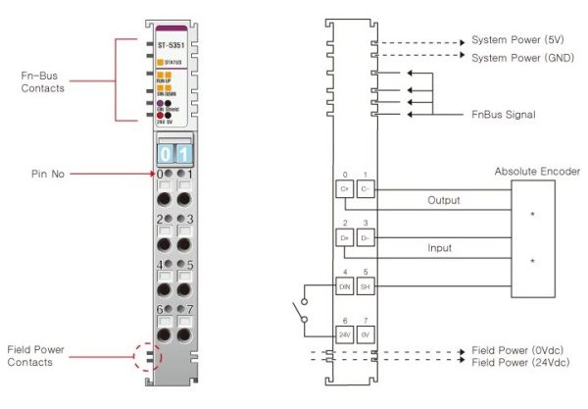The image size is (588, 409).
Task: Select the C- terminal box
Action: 366,188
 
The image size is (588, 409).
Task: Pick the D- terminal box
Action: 366,238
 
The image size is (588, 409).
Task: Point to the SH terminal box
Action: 366,287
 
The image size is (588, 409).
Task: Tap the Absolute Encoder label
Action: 537,172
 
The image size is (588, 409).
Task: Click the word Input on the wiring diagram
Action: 441,249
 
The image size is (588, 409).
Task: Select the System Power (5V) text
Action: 516,40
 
